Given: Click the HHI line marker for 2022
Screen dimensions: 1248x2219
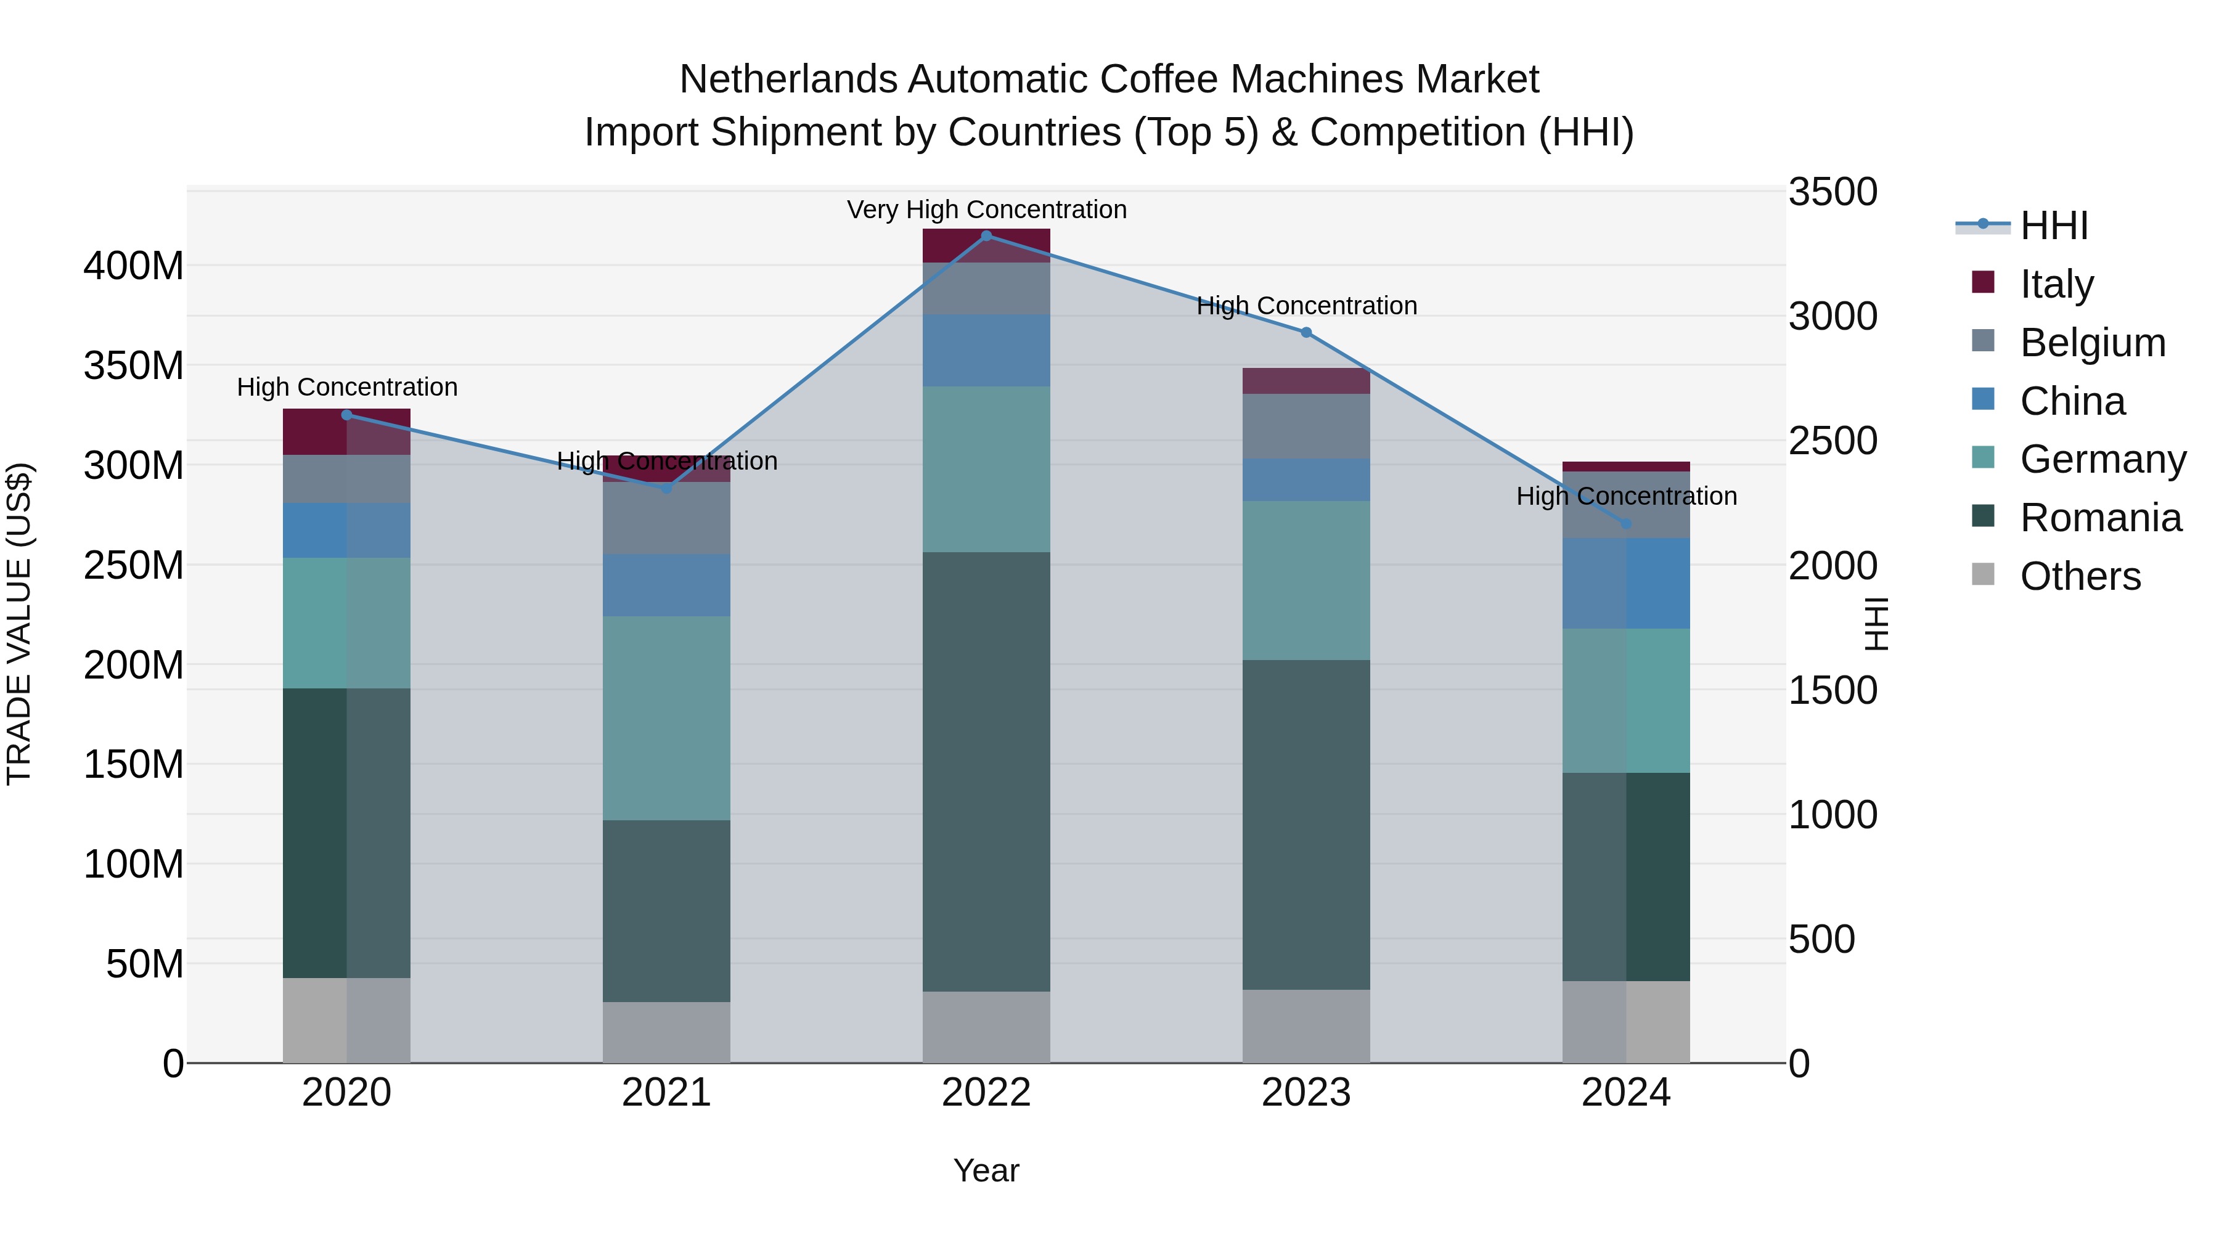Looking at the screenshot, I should coord(986,235).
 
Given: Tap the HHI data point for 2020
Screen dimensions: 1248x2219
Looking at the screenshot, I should coord(347,415).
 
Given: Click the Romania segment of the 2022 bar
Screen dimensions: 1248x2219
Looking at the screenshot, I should coord(986,771).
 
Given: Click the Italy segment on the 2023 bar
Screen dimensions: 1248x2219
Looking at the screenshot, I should coord(1306,381).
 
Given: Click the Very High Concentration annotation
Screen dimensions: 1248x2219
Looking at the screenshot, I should coord(986,210).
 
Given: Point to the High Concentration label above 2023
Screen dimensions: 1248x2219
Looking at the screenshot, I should coord(1306,306).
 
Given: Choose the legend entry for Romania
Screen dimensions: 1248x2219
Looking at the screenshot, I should coord(2100,518).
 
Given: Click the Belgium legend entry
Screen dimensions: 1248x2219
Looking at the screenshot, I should coord(2091,342).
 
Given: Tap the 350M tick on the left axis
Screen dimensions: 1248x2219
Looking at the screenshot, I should coord(134,366).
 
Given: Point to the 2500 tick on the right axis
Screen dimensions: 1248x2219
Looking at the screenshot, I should coord(1833,441).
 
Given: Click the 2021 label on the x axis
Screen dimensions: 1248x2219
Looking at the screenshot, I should coord(666,1093).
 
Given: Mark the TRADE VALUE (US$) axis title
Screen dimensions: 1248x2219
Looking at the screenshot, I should coord(19,624).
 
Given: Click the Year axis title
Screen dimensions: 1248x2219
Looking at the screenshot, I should coord(986,1170).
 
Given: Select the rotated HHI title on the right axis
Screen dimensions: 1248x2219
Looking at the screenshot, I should coord(1874,624).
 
